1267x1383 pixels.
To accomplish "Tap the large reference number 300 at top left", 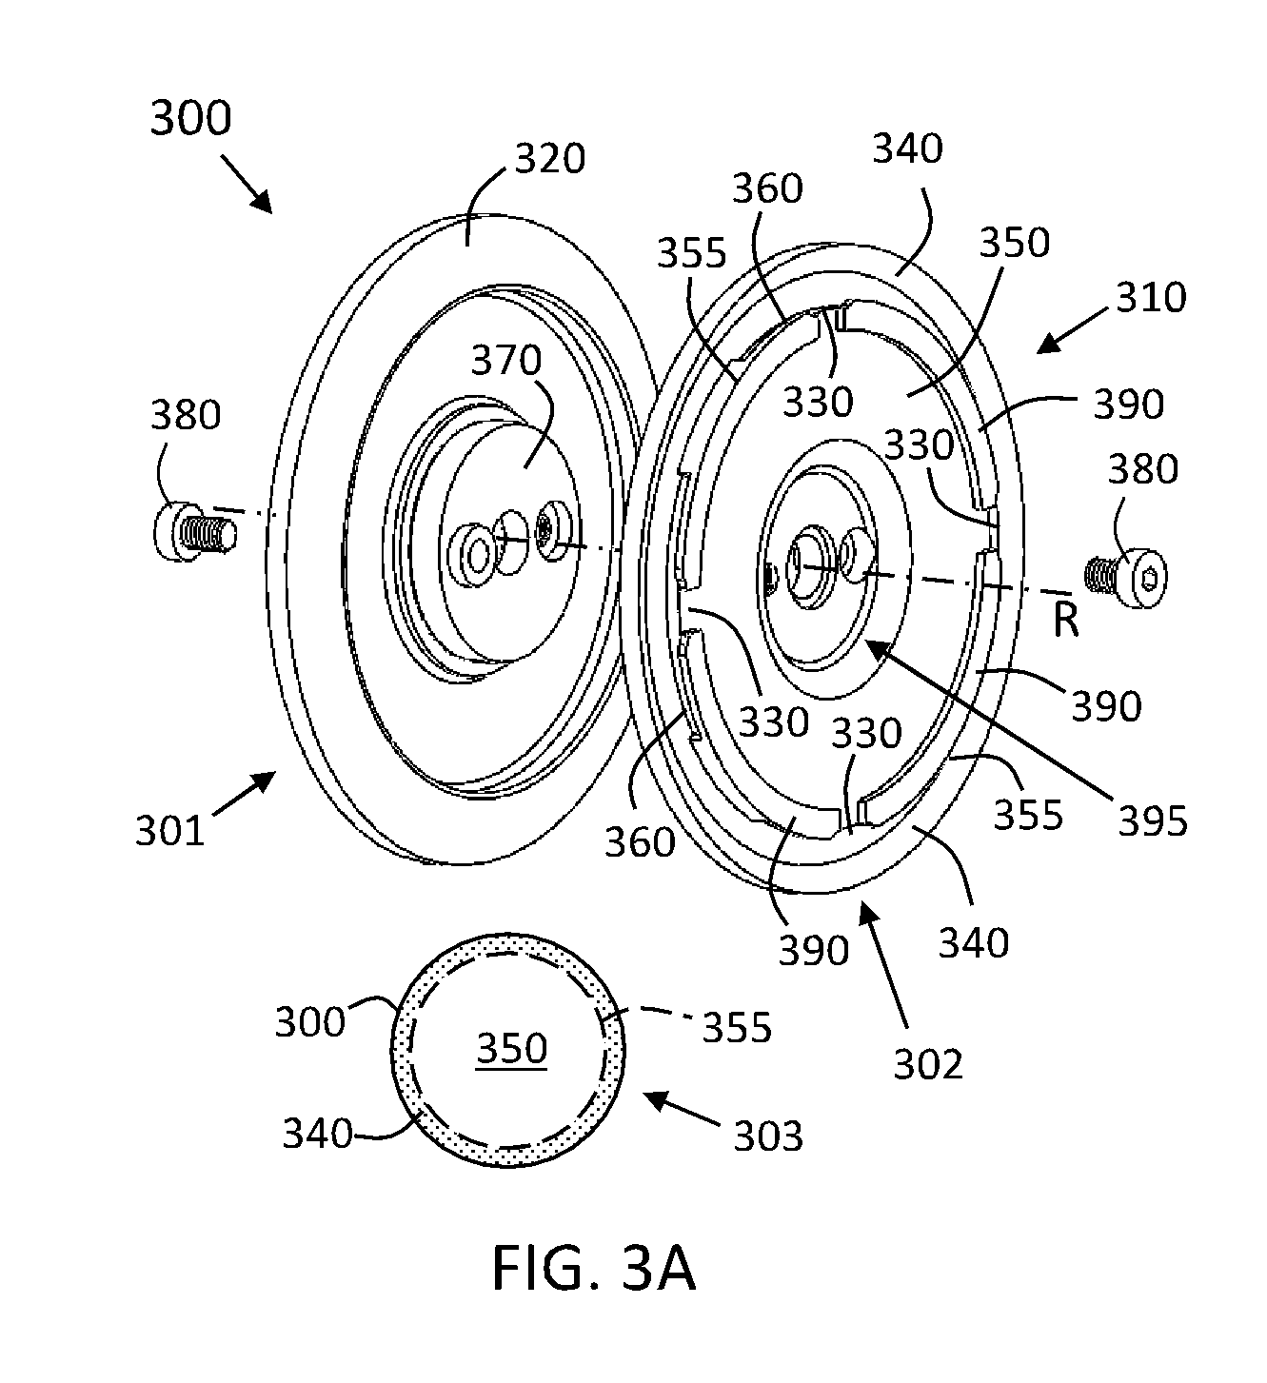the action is (190, 118).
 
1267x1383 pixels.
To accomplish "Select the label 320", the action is (549, 159).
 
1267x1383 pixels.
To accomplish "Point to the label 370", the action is (506, 360).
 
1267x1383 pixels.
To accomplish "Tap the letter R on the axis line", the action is (1065, 621).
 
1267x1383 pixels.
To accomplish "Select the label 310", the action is (1151, 297).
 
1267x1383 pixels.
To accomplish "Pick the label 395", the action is (1153, 820).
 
